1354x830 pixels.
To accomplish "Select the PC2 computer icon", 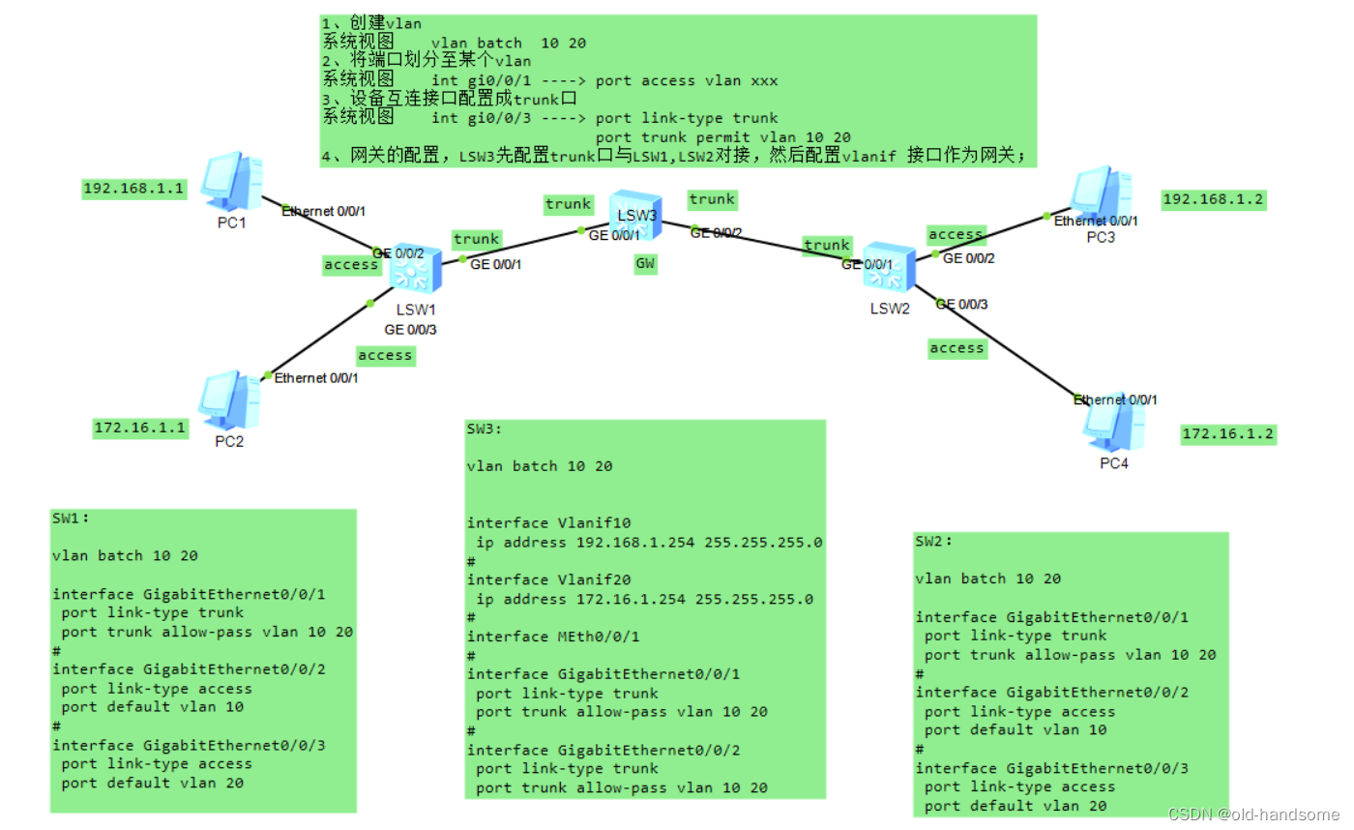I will pyautogui.click(x=227, y=400).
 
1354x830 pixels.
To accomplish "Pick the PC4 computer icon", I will pyautogui.click(x=1113, y=425).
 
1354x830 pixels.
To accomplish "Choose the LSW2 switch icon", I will pyautogui.click(x=888, y=267).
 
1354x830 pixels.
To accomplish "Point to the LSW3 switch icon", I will pyautogui.click(x=633, y=215).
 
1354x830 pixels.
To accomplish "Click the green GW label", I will pyautogui.click(x=645, y=263).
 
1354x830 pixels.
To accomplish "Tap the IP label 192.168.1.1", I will pyautogui.click(x=133, y=189).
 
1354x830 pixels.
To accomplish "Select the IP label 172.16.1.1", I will pyautogui.click(x=140, y=428).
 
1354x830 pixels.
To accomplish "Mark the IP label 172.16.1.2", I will pyautogui.click(x=1228, y=434).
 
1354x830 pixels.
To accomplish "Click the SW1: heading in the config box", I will pyautogui.click(x=71, y=518).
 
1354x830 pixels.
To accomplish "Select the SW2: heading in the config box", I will pyautogui.click(x=934, y=541).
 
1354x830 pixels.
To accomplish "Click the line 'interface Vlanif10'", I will pyautogui.click(x=535, y=523).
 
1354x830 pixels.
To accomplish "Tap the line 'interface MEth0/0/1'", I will pyautogui.click(x=553, y=637).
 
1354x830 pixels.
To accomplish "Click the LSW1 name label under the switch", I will pyautogui.click(x=416, y=309).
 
